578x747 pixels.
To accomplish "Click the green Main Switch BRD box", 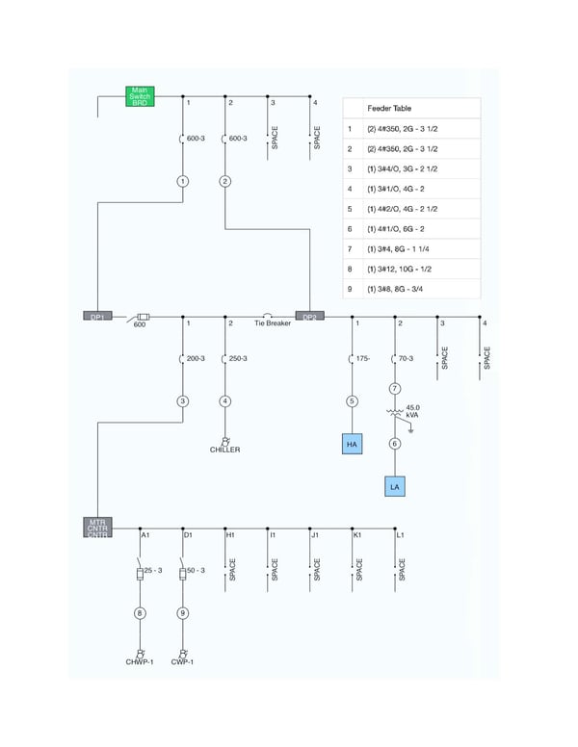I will point(140,96).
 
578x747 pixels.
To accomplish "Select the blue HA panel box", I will point(352,444).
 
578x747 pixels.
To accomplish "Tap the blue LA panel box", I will point(394,488).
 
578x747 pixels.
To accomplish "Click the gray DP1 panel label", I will point(98,317).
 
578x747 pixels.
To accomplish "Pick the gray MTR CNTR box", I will point(98,528).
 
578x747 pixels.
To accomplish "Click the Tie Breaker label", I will point(272,323).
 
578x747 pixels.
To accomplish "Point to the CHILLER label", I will point(225,450).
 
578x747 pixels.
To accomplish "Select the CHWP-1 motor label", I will point(140,662).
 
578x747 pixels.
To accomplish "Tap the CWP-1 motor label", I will point(183,662).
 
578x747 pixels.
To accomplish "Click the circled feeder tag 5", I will point(352,400).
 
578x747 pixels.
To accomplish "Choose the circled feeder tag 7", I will point(394,388).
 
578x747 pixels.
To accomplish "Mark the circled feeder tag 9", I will point(183,612).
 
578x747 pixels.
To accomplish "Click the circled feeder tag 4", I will point(225,400).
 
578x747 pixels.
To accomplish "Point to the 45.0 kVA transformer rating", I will point(412,411).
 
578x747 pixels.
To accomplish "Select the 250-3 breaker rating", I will point(238,358).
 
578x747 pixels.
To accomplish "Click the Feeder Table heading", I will point(389,109).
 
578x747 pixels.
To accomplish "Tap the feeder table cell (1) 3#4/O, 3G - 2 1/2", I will point(404,168).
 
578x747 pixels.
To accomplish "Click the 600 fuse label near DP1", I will point(139,324).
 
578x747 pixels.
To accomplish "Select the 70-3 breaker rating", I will point(406,358).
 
